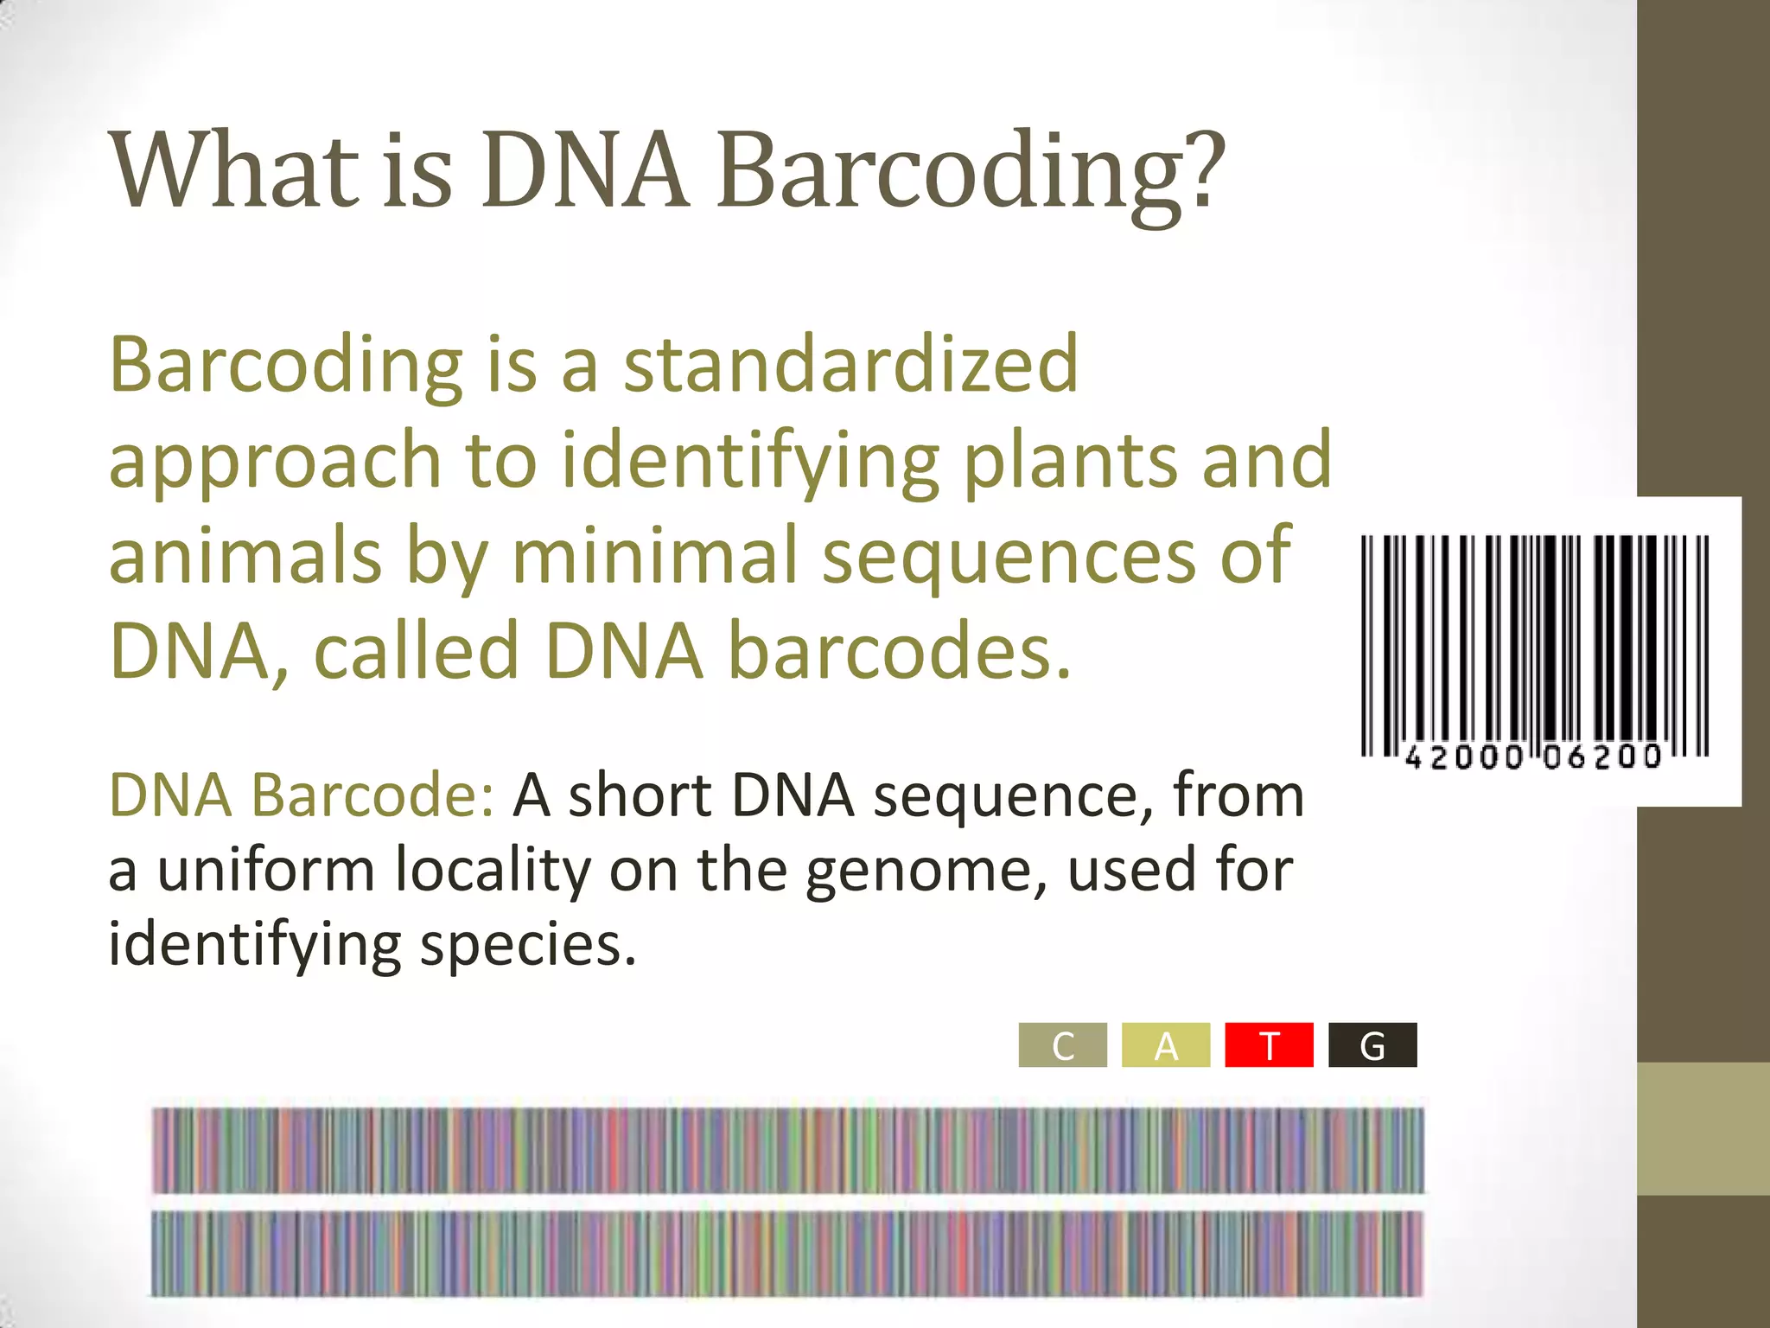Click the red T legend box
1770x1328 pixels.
pos(1269,1045)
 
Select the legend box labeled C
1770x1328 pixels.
pos(1062,1045)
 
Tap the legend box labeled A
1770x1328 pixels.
pos(1166,1045)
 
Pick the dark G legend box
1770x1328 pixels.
pos(1372,1045)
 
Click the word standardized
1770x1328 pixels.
pos(851,364)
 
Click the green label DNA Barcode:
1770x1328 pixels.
pos(301,795)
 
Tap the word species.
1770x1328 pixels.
pos(528,944)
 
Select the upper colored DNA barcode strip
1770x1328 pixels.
pos(787,1151)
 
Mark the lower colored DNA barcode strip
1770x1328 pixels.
pos(787,1254)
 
